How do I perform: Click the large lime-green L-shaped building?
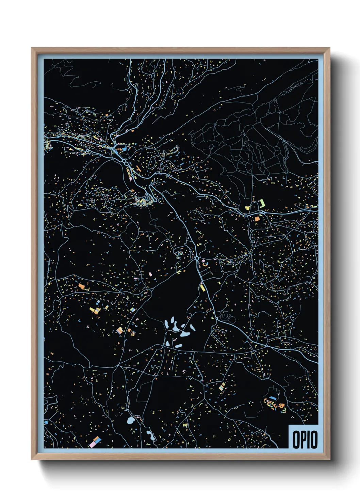[x=262, y=203]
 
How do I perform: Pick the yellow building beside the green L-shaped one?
[x=248, y=207]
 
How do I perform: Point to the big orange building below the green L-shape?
[x=257, y=219]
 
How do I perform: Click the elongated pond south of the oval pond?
[x=149, y=434]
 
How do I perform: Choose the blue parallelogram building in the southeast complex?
[x=273, y=398]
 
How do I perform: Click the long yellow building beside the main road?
[x=202, y=288]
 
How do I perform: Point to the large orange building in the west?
[x=81, y=286]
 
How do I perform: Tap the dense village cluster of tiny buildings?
[x=143, y=202]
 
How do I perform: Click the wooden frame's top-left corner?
[x=32, y=48]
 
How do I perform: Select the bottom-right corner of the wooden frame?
[x=329, y=459]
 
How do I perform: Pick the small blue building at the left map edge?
[x=46, y=422]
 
